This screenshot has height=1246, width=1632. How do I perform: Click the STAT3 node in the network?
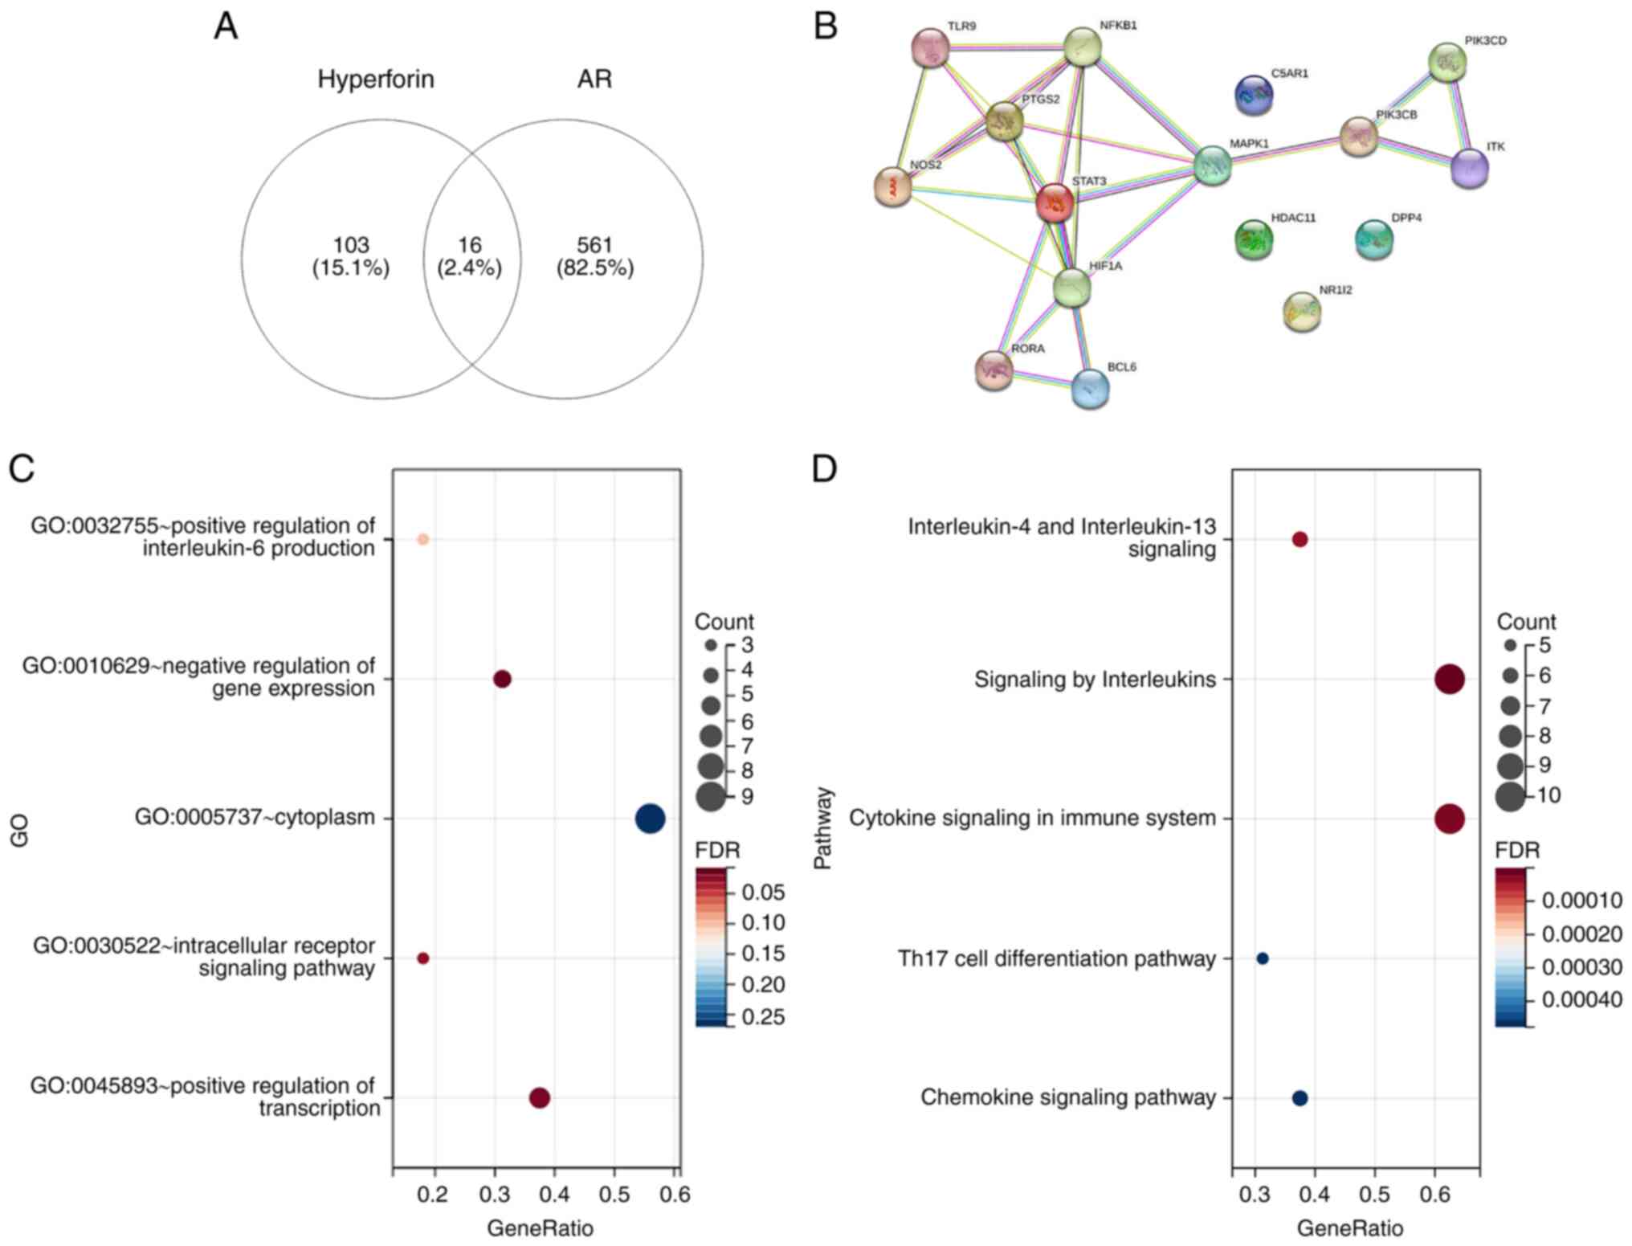pos(1054,203)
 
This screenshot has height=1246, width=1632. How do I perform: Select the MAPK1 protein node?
pos(1212,165)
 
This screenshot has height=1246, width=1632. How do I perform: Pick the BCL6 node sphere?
pos(1090,389)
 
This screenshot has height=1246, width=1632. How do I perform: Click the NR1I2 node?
pos(1301,312)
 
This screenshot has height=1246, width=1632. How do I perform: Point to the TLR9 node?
pos(931,50)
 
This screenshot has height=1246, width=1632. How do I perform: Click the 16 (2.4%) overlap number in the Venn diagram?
pos(470,256)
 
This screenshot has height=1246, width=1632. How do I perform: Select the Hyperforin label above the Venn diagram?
pos(376,80)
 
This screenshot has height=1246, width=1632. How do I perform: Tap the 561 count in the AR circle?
pos(594,245)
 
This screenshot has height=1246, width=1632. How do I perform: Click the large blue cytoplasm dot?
pos(650,819)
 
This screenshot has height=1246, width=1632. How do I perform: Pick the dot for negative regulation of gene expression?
pos(502,680)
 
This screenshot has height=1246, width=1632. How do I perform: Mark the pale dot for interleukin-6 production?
pos(423,539)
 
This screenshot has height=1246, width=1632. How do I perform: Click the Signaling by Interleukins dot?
pos(1449,680)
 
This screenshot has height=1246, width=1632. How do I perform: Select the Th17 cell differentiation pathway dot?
pos(1262,958)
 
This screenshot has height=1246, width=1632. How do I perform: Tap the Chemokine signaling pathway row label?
pos(1067,1097)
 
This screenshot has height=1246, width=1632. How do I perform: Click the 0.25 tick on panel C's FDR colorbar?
pos(763,1017)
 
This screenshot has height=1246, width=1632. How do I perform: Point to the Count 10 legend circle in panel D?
pos(1510,796)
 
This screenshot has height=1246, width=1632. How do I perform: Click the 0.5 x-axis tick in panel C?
pos(614,1195)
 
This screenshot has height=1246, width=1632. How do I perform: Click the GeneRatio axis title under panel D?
pos(1350,1228)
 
